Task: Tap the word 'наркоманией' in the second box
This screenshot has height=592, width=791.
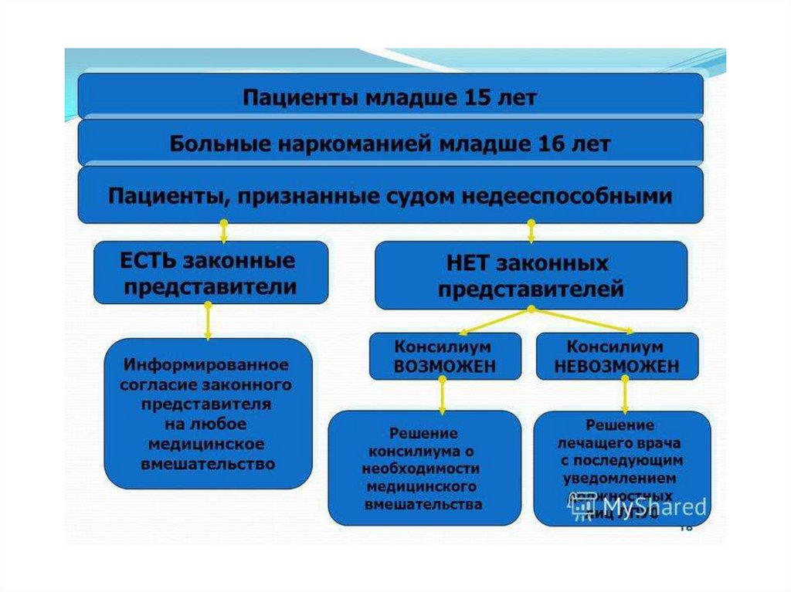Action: click(333, 144)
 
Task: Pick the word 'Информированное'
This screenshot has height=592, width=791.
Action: click(208, 364)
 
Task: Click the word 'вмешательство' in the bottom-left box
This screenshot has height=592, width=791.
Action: click(208, 464)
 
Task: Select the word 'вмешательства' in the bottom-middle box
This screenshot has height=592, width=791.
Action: click(424, 505)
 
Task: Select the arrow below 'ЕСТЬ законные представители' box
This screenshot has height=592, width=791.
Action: click(208, 321)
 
